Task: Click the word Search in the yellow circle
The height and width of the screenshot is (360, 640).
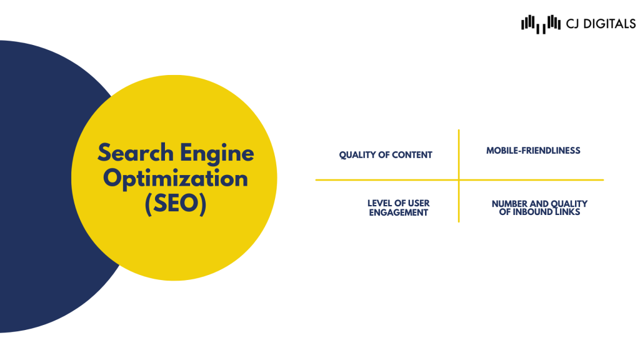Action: click(136, 152)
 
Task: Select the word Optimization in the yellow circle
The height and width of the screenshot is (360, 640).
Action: click(176, 179)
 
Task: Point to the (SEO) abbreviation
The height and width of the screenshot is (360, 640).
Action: click(176, 203)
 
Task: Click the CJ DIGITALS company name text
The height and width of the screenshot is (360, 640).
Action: click(601, 24)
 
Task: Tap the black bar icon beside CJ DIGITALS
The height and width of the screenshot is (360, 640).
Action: click(541, 24)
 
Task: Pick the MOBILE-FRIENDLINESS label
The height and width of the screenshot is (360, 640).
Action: click(533, 151)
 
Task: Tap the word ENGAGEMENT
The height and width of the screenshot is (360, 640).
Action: click(398, 212)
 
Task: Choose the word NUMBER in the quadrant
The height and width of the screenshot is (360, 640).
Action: click(509, 204)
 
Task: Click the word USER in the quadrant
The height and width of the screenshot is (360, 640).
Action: click(419, 203)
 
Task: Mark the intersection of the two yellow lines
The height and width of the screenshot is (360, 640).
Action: click(459, 179)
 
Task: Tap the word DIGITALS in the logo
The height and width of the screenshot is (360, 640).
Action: click(610, 24)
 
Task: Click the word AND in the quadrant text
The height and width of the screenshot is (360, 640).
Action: click(539, 204)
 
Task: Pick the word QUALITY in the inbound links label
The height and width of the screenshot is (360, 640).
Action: click(569, 204)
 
